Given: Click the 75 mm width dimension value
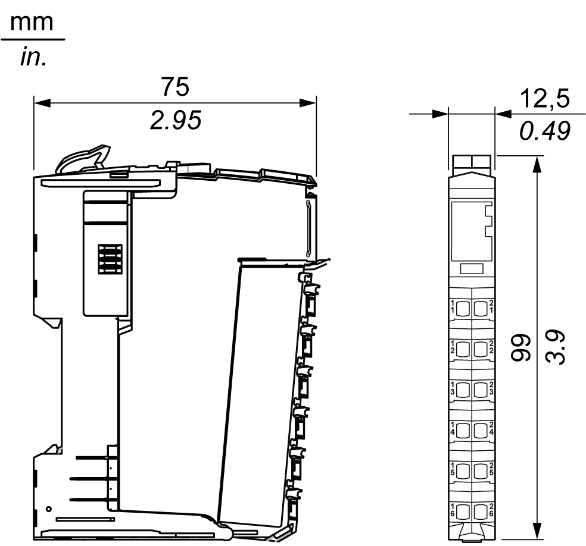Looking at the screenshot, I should tap(175, 87).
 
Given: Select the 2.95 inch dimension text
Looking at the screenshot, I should tap(175, 121).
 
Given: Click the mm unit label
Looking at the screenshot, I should tap(32, 23).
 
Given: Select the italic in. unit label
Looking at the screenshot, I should tap(32, 58).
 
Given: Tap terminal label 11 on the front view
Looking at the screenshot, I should tap(453, 307).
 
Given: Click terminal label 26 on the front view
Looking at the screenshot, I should tap(491, 510).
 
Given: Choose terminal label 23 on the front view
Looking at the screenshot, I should tap(491, 388).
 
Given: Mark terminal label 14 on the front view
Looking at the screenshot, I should tap(453, 429).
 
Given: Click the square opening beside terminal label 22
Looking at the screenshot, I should tap(481, 348).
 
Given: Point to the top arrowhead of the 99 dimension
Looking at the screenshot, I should tap(537, 164).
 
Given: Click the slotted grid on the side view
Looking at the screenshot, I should tap(110, 259).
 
